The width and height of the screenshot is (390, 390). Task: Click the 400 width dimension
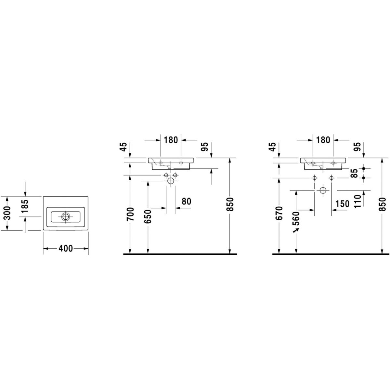66,248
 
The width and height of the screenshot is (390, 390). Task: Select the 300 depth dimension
7,213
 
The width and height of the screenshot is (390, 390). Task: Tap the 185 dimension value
25,206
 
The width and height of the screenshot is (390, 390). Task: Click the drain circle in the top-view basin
66,216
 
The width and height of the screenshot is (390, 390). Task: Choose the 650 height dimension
148,217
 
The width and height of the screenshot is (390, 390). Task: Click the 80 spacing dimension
186,201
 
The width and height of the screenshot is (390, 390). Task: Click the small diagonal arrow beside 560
296,230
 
